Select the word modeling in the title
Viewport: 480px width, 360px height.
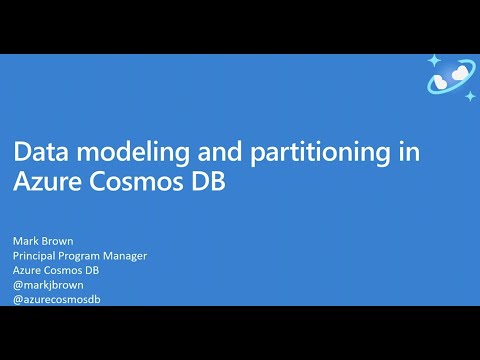(119, 153)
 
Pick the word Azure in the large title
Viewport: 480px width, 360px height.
(44, 182)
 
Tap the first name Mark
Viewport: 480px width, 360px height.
(25, 241)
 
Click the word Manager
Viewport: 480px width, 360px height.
(127, 256)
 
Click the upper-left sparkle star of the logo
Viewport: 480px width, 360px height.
(434, 61)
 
